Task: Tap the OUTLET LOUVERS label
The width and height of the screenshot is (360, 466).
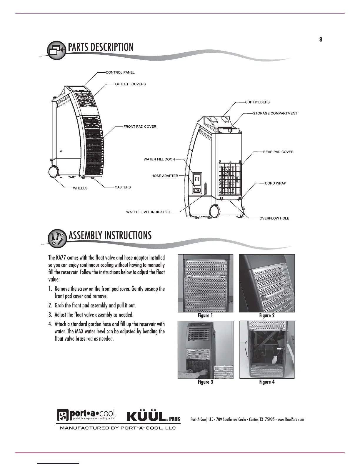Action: pos(130,84)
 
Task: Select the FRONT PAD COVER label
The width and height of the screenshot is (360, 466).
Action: pos(140,127)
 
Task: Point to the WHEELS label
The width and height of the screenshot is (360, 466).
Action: pos(80,188)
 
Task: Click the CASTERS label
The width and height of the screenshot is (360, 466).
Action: pos(123,187)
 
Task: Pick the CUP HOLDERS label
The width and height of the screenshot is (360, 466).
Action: pos(257,102)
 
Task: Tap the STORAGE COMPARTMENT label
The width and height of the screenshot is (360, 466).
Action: pos(275,114)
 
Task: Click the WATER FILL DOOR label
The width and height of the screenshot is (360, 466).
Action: pos(159,159)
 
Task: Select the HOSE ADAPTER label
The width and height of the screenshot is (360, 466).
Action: pos(165,176)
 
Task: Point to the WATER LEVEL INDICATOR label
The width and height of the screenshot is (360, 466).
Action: pos(148,212)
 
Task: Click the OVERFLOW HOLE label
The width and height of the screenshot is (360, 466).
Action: pos(274,219)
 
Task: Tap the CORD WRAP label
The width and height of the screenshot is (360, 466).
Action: pos(275,183)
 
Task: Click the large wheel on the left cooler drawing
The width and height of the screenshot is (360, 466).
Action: pos(54,172)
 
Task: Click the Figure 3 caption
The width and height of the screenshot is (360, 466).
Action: pos(205,382)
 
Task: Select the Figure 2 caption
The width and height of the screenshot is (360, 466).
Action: pos(267,316)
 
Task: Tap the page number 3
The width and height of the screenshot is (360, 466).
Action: pos(321,40)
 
